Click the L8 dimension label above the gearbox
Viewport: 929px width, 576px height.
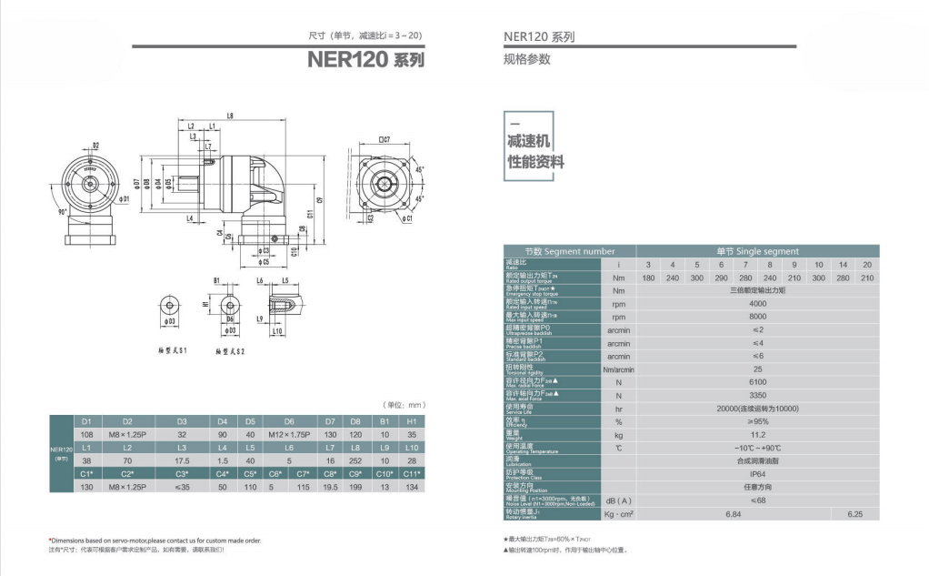point(230,116)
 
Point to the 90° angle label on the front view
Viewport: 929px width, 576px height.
point(64,211)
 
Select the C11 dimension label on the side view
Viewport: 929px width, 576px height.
point(309,215)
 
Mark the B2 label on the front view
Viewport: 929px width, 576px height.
point(95,146)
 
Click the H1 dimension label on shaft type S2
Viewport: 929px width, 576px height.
point(205,305)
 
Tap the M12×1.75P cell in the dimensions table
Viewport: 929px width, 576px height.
point(289,435)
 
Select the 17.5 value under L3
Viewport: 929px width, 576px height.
point(182,461)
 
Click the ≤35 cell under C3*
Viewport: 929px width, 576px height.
point(182,488)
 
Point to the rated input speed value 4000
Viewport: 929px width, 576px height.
point(757,304)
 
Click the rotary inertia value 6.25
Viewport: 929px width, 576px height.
point(854,514)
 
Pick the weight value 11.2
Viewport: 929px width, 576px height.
point(757,435)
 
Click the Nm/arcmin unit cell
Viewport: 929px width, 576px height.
point(618,369)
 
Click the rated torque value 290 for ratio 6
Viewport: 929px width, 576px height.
point(721,278)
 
